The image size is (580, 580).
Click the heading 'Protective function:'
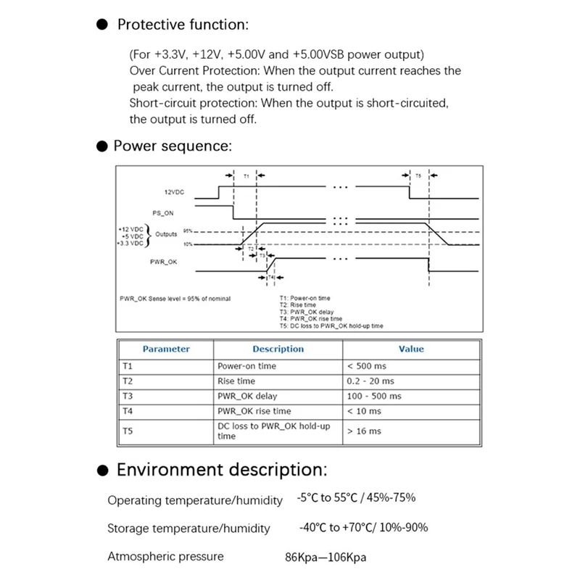click(183, 25)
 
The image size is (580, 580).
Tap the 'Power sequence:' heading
click(173, 146)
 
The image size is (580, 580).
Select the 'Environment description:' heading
click(222, 469)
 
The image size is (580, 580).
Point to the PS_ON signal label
click(163, 213)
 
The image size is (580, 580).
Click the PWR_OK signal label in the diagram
click(164, 262)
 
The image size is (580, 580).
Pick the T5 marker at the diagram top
click(418, 175)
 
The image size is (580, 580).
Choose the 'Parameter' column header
click(166, 349)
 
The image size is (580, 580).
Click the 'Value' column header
click(411, 349)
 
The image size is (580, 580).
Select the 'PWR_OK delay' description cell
click(247, 397)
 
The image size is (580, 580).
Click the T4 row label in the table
click(128, 411)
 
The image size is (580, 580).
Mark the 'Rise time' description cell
click(236, 381)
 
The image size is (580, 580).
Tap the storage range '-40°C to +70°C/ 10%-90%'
click(363, 527)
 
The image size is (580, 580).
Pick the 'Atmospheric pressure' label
click(165, 557)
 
